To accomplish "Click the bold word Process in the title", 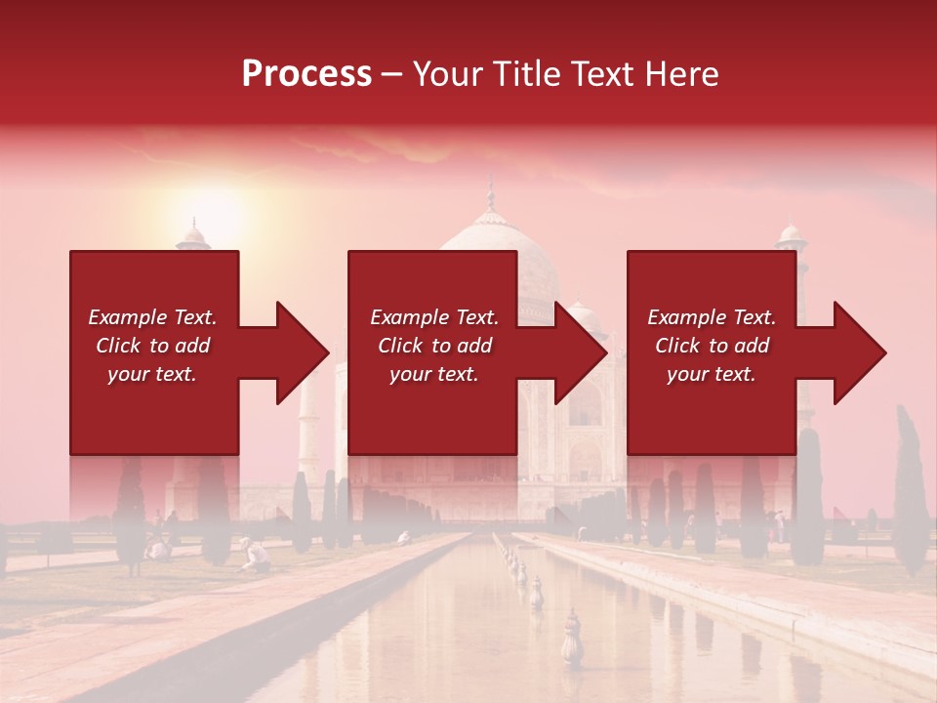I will pos(306,74).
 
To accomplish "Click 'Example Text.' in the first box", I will pos(152,317).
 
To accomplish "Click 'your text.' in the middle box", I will pos(433,374).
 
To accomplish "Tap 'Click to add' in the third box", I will pos(712,346).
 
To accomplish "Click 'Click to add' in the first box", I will pos(152,346).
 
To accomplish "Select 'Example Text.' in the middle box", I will pos(433,317).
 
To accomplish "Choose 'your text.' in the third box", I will pos(712,374).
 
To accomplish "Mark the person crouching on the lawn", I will pos(256,556).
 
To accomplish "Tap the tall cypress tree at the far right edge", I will pos(910,488).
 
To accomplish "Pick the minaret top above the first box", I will pos(193,234).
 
